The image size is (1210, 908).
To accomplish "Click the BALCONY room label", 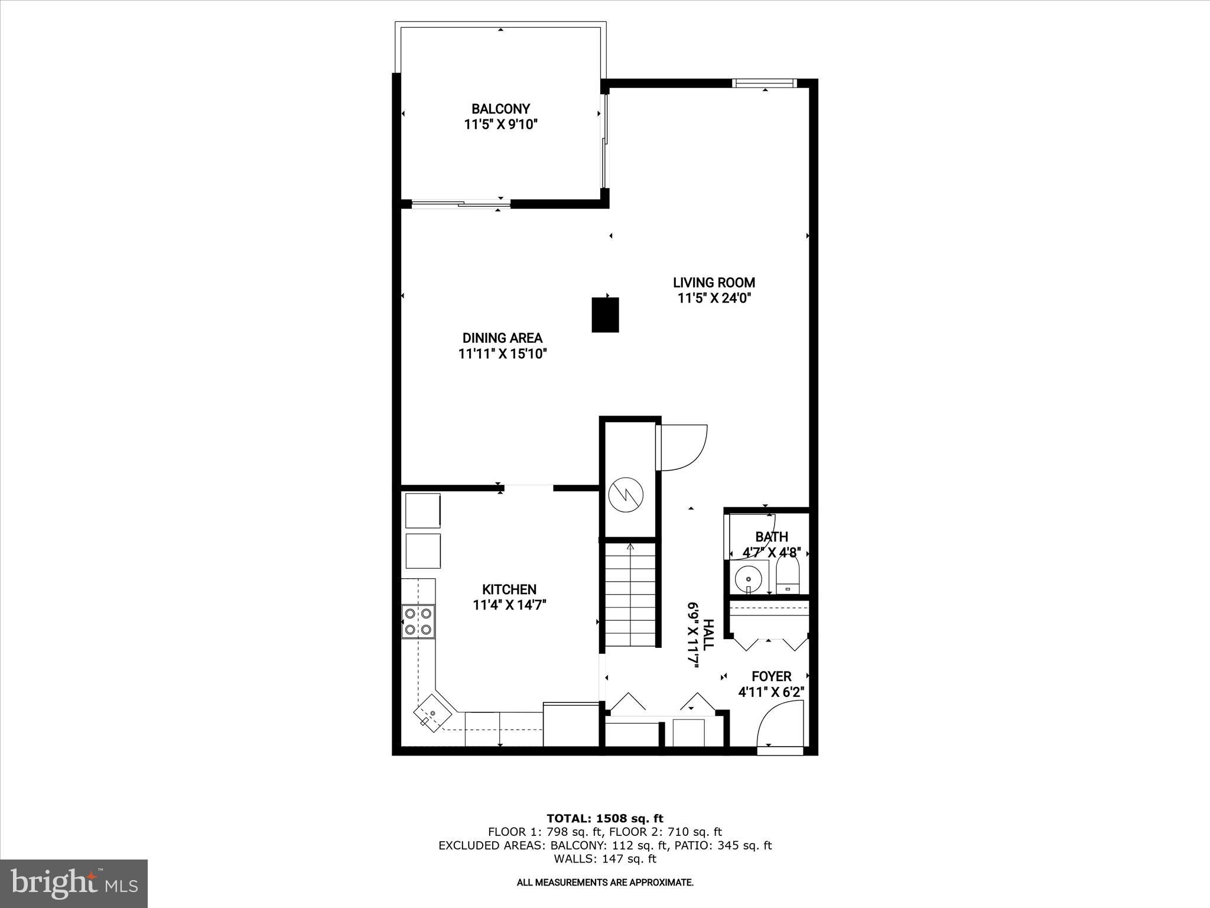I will click(500, 109).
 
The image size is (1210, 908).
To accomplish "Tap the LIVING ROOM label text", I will click(714, 283).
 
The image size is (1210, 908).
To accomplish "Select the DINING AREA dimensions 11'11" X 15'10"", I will click(502, 354).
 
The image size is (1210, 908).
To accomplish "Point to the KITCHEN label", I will click(509, 589).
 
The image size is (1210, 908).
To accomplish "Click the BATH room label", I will click(772, 537).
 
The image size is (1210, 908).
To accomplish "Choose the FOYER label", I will click(771, 676).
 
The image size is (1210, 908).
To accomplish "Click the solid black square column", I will click(605, 315).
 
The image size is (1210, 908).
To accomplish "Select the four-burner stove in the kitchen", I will click(418, 621).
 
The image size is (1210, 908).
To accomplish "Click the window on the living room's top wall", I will click(764, 83).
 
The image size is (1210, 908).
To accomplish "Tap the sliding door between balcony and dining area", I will click(461, 205).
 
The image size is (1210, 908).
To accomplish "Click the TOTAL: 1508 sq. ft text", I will click(605, 819).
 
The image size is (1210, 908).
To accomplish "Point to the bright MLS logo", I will click(74, 883).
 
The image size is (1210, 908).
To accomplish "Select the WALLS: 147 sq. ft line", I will click(605, 859).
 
